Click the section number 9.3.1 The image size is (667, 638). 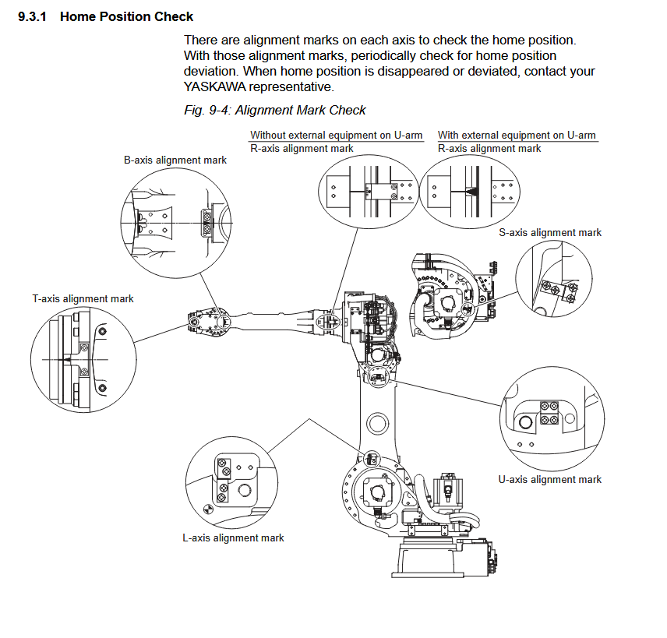(32, 16)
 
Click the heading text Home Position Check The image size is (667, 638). (126, 16)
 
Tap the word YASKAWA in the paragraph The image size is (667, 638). (215, 86)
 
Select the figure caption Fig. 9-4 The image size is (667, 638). (207, 110)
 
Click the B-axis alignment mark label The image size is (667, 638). (175, 160)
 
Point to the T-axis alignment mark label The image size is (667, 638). (83, 299)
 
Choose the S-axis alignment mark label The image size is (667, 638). (550, 233)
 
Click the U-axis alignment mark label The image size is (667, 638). (549, 480)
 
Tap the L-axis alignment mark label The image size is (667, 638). (233, 538)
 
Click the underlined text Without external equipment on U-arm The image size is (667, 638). (336, 136)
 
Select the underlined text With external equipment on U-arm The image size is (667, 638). (517, 136)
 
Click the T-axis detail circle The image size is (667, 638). (30, 360)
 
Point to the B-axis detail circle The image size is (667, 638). (121, 223)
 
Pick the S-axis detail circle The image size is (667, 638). (516, 279)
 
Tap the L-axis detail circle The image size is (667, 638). (185, 483)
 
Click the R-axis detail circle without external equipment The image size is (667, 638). (319, 192)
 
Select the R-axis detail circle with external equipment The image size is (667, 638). (420, 192)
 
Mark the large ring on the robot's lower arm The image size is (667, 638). (377, 414)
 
